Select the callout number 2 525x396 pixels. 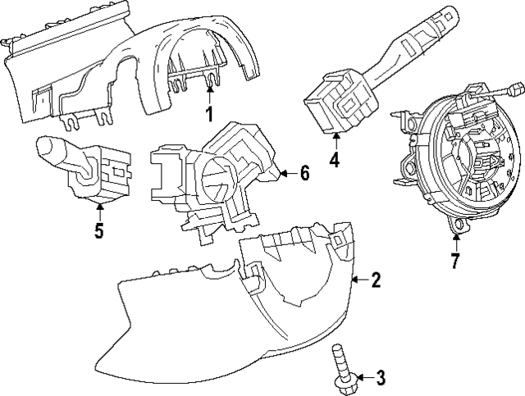376,280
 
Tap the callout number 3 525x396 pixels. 381,378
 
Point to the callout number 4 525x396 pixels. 335,160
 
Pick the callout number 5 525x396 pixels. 98,230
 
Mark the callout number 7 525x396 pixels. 455,262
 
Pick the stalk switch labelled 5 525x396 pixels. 82,164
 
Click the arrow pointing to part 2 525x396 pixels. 357,280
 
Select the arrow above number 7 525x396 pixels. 455,242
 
